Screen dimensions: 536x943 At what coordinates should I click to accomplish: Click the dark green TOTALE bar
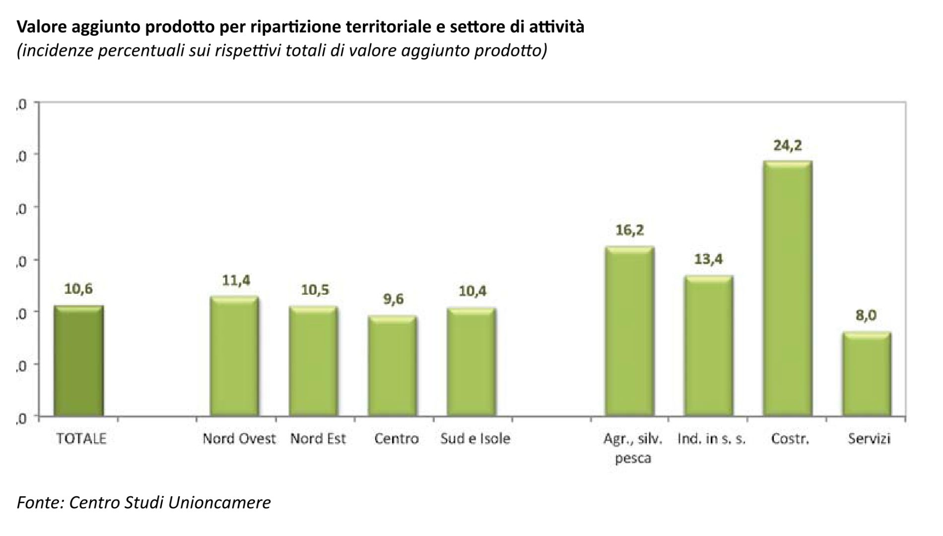click(x=78, y=361)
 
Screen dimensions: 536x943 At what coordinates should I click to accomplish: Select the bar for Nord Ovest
click(x=234, y=356)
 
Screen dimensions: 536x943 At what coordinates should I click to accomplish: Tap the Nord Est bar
click(x=314, y=361)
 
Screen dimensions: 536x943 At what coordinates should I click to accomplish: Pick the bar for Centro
click(x=393, y=366)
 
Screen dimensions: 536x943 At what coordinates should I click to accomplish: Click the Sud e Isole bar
click(x=471, y=362)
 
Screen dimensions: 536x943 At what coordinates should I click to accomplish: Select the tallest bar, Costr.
click(x=788, y=288)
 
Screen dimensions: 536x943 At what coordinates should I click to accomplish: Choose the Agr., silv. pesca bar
click(x=629, y=331)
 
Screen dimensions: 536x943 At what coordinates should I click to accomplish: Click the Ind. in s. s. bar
click(x=708, y=345)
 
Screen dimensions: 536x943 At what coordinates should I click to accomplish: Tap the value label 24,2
click(x=788, y=146)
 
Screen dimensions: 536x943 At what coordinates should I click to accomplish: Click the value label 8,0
click(x=866, y=316)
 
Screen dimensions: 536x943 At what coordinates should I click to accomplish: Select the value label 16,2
click(x=629, y=230)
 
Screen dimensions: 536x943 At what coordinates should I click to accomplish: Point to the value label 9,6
click(x=393, y=300)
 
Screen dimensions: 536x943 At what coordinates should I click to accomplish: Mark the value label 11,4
click(x=236, y=281)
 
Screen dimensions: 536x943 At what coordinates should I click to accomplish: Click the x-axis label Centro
click(x=397, y=439)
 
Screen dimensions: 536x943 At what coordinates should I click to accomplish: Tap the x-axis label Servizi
click(x=869, y=439)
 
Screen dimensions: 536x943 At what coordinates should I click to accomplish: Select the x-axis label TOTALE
click(x=81, y=439)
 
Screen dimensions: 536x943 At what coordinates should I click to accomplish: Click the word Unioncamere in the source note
click(x=219, y=503)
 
